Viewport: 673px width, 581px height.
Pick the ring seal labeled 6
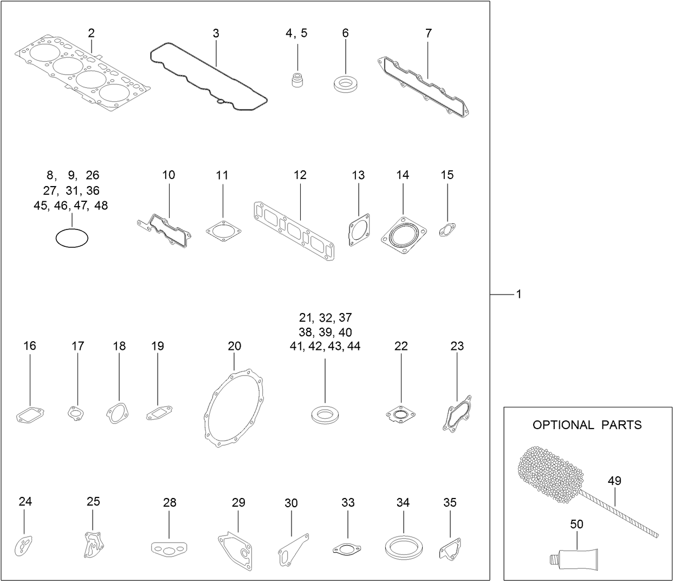coord(345,84)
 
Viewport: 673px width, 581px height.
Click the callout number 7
coord(428,33)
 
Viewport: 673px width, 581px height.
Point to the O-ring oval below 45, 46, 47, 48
coord(72,238)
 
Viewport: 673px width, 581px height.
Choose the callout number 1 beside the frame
coord(519,294)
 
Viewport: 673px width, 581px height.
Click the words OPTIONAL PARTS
coord(587,425)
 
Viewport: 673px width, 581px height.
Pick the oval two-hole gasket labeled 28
coord(169,549)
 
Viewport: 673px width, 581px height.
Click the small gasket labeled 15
coord(447,231)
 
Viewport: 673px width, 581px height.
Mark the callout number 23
coord(457,346)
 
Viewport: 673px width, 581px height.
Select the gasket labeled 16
coord(29,415)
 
